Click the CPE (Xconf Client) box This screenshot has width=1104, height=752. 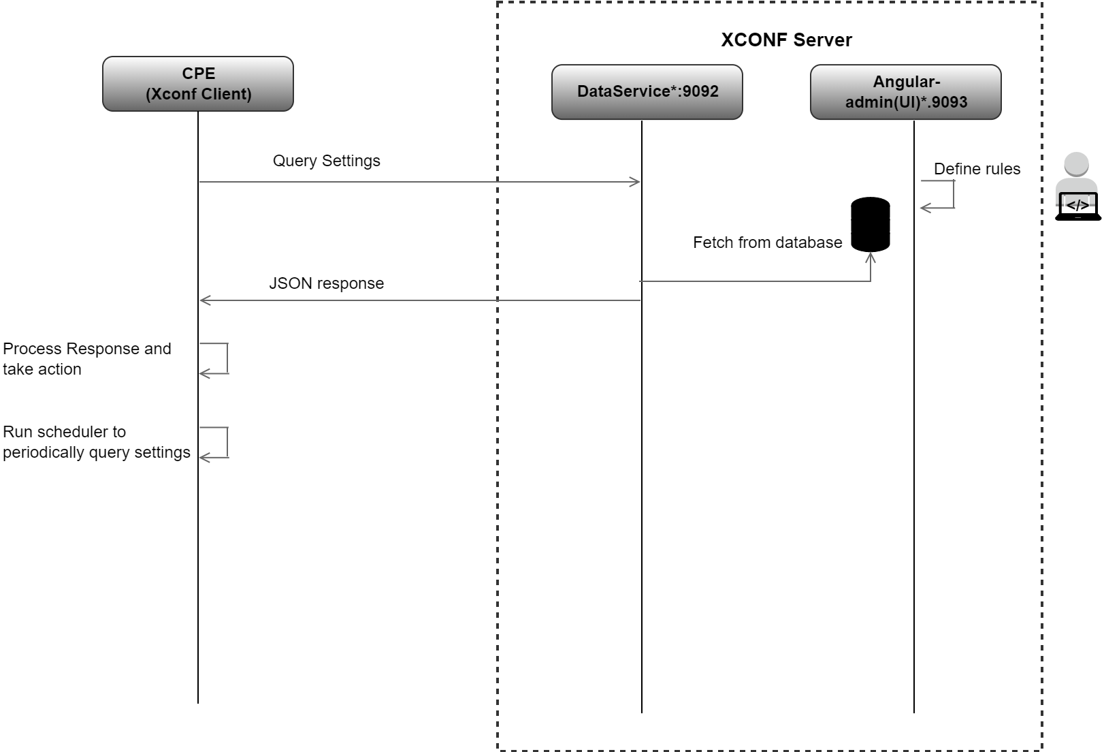[x=198, y=84]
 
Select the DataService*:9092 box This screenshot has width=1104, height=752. [x=647, y=92]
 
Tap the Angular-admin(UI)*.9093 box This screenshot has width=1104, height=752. [x=905, y=92]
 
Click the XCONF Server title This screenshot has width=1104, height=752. [x=786, y=40]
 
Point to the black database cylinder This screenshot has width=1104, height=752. [x=871, y=224]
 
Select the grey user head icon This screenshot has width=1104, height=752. [x=1076, y=166]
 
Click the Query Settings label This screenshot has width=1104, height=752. [x=327, y=161]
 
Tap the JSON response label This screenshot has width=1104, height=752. [x=327, y=283]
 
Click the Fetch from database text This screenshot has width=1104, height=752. [x=767, y=242]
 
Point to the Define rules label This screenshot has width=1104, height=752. [x=977, y=169]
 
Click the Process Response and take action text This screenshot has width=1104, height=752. [x=86, y=359]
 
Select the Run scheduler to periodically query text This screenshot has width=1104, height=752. [x=96, y=442]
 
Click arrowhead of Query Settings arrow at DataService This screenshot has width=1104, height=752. [x=636, y=182]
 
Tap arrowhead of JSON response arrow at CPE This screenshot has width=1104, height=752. [x=205, y=300]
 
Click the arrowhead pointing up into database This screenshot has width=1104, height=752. [x=871, y=257]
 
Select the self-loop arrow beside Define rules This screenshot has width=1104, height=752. [x=953, y=195]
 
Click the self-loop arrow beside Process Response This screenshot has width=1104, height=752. [x=227, y=359]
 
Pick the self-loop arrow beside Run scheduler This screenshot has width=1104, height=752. [x=227, y=443]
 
